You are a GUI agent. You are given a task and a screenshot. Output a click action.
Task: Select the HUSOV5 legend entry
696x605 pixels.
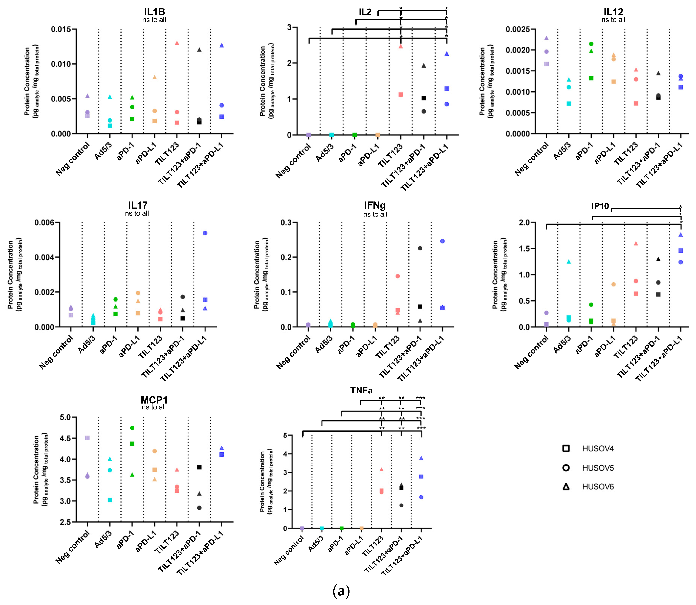point(597,468)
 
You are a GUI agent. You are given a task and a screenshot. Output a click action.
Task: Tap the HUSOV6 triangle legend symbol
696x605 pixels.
point(566,486)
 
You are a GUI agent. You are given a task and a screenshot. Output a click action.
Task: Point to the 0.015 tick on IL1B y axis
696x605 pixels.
point(61,29)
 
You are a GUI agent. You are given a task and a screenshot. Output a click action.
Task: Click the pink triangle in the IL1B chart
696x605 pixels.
point(177,43)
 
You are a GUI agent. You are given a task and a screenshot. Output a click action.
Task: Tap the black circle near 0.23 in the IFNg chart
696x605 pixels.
point(420,248)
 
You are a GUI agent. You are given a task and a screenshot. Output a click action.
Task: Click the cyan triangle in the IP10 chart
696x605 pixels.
point(569,262)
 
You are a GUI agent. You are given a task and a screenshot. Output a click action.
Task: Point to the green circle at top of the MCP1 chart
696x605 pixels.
point(132,428)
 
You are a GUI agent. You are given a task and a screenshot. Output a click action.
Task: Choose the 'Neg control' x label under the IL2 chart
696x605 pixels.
point(293,161)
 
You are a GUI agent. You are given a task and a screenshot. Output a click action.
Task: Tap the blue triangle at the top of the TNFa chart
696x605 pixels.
point(421,458)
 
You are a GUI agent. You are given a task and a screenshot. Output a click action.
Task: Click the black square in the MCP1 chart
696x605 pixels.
point(199,467)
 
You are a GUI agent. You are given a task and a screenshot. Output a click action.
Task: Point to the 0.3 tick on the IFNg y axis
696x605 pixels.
point(286,222)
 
